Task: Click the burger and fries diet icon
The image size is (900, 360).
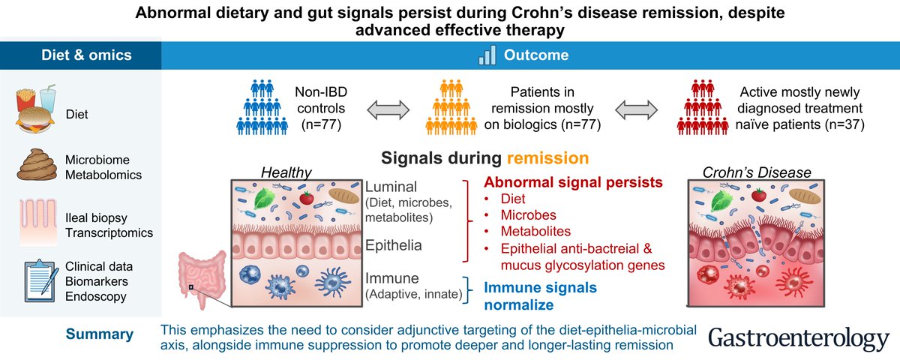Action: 35,109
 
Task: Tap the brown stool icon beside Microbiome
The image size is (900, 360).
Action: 37,165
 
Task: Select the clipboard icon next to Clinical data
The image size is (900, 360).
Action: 41,280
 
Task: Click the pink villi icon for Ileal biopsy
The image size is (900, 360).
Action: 38,222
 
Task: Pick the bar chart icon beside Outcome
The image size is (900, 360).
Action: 487,55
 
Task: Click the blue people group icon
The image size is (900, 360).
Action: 262,107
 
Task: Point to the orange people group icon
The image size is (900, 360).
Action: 451,107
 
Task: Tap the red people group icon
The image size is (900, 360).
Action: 703,107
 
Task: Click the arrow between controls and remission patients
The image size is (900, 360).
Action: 388,109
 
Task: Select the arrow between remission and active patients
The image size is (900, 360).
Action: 637,109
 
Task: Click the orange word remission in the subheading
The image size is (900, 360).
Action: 547,158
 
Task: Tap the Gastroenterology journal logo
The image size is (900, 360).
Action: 799,339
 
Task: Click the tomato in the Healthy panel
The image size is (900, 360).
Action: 307,198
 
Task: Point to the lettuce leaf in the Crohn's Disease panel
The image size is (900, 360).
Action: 721,200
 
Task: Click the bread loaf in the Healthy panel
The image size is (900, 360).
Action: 344,195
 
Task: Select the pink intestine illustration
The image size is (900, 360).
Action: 202,278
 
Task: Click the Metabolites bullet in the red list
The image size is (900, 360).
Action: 535,232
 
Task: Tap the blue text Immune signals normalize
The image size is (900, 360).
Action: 541,296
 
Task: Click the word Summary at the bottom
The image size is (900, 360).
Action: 100,334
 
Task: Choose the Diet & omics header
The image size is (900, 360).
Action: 86,55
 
